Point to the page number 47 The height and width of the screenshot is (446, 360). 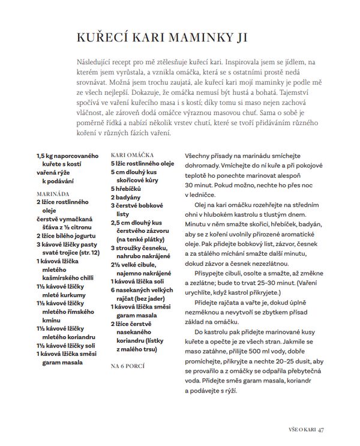click(322, 429)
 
